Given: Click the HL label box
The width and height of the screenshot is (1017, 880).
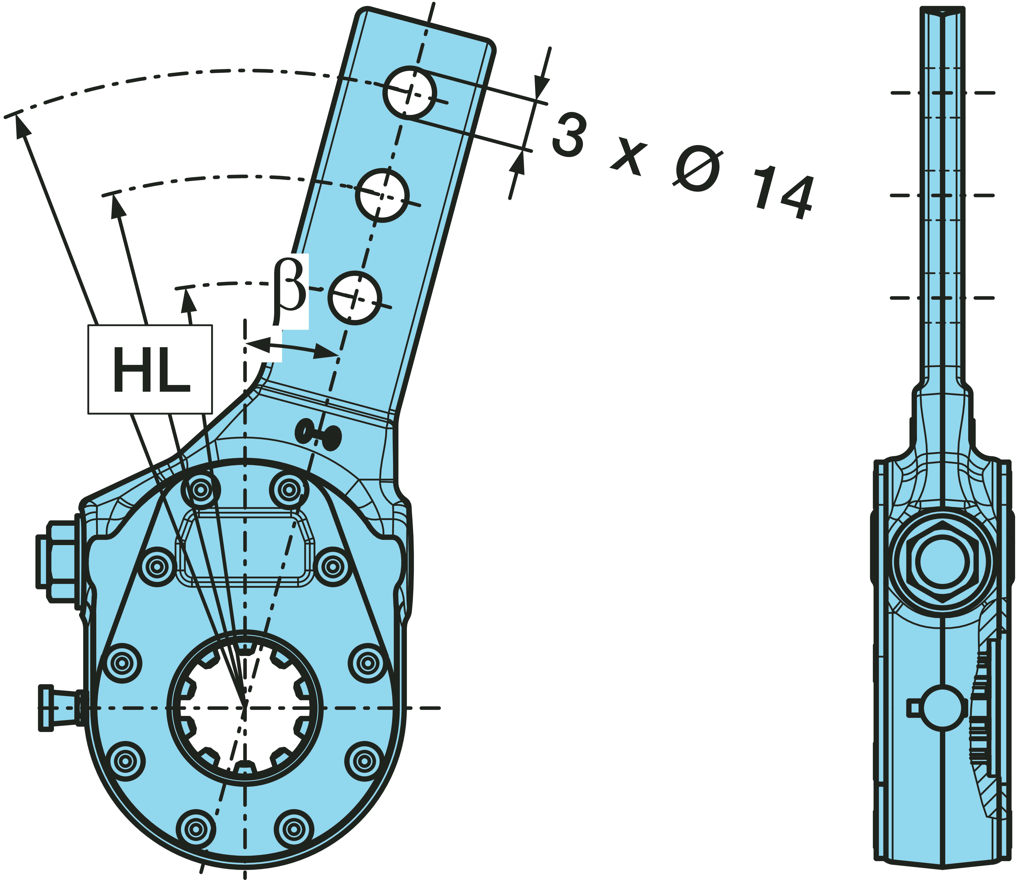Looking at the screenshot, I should tap(150, 369).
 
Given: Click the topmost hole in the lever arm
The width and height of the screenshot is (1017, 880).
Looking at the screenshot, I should tap(409, 92).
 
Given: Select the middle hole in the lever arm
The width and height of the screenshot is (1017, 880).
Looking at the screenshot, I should tap(382, 195).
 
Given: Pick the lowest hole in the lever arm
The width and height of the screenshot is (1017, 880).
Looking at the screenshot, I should tap(354, 297).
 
